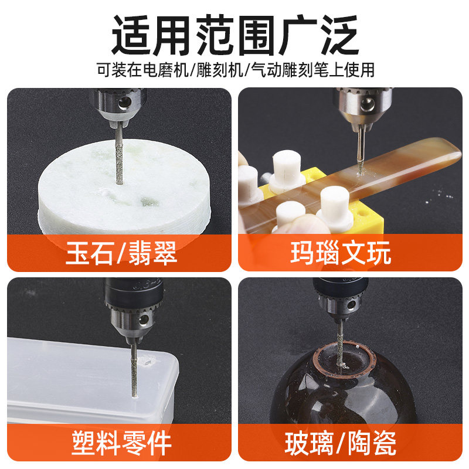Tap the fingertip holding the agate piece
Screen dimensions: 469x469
305,226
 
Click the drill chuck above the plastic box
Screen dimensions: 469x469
126,305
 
